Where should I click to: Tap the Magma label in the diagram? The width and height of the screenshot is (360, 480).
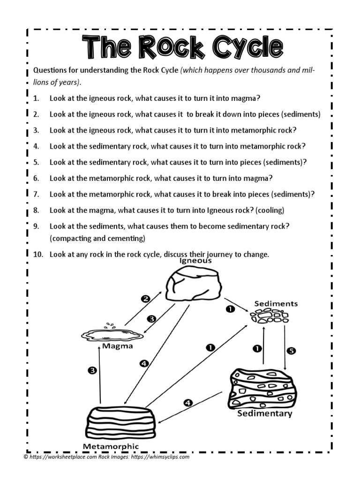[117, 346]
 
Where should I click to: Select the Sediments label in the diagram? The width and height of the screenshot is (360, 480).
[276, 304]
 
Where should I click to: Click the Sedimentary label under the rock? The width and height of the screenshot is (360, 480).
[264, 413]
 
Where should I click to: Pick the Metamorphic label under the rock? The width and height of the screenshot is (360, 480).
[111, 446]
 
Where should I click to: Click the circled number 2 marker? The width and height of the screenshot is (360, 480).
[146, 298]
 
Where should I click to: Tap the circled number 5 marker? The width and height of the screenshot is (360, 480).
[291, 350]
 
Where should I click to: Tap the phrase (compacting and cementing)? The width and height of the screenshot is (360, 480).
[97, 239]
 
